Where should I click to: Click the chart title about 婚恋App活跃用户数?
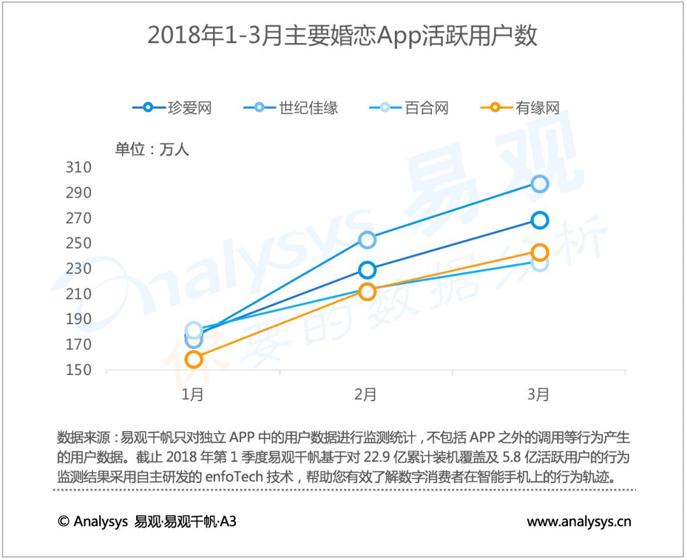pos(342,36)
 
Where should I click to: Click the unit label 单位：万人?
pos(152,149)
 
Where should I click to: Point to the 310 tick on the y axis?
pos(78,168)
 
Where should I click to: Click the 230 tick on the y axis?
pos(78,269)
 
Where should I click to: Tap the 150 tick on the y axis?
pos(78,370)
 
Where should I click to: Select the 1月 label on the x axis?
pos(193,395)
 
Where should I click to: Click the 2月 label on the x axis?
pos(366,395)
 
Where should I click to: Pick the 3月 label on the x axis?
pos(539,395)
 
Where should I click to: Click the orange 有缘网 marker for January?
pos(193,360)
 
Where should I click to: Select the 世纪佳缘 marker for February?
pos(367,240)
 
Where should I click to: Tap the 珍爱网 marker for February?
pos(367,270)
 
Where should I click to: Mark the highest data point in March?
pos(539,184)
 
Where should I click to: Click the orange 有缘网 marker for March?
pos(539,252)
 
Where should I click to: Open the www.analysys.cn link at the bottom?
pos(579,522)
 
